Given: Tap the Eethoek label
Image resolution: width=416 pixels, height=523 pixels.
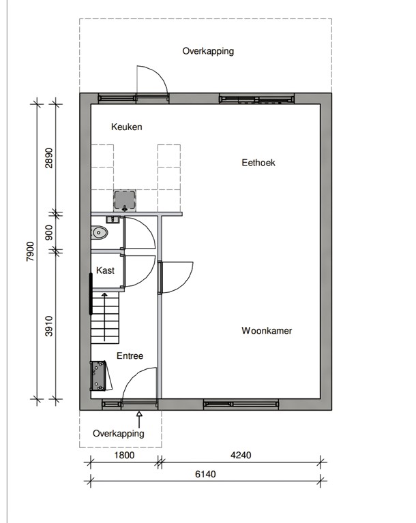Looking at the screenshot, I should (x=258, y=163).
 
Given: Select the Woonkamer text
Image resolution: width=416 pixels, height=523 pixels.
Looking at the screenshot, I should (x=267, y=331).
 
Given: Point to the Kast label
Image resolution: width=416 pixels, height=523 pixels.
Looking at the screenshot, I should (x=105, y=270).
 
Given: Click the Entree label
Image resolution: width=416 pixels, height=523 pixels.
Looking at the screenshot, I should (x=130, y=356).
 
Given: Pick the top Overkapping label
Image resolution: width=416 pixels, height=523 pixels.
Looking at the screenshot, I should (x=208, y=51).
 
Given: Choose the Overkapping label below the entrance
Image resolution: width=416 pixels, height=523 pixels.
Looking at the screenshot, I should (x=119, y=433).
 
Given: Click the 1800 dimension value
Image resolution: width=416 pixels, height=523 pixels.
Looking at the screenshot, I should (x=124, y=456).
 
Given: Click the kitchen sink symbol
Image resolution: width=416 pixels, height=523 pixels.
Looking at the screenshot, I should (x=125, y=200).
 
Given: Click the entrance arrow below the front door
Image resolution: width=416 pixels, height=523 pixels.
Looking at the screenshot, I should (x=139, y=415).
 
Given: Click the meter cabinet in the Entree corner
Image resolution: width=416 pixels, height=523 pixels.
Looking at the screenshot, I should (x=98, y=377).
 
